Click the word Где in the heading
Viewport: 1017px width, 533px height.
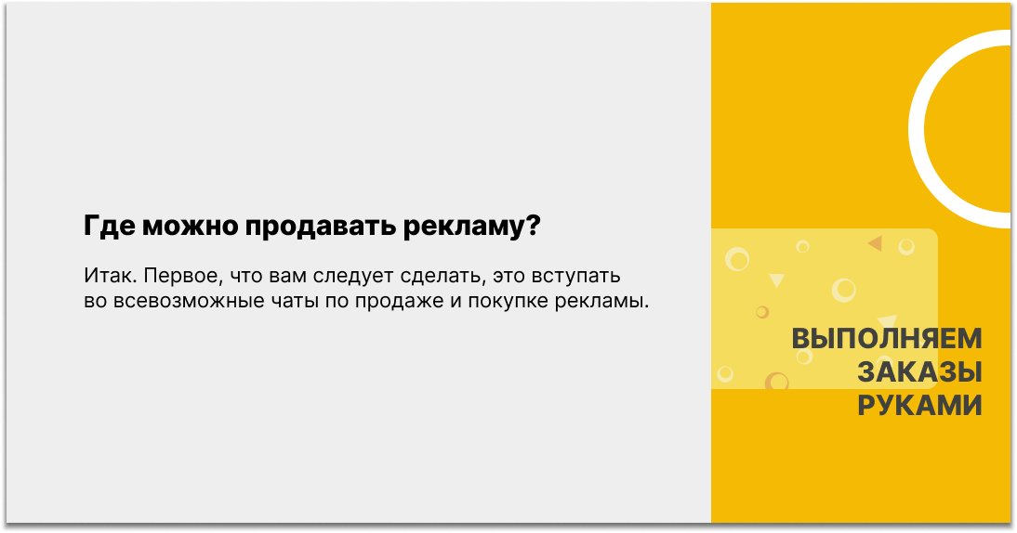pyautogui.click(x=109, y=227)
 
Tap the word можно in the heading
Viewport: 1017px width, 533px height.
pyautogui.click(x=191, y=227)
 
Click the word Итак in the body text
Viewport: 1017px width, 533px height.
pyautogui.click(x=111, y=276)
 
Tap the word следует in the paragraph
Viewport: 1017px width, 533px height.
pyautogui.click(x=353, y=276)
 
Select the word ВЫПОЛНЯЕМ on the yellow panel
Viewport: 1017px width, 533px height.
pyautogui.click(x=887, y=339)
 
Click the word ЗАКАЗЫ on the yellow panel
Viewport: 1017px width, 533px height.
pyautogui.click(x=919, y=372)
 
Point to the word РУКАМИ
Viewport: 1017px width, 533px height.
pyautogui.click(x=919, y=406)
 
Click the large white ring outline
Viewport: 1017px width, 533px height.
pyautogui.click(x=916, y=129)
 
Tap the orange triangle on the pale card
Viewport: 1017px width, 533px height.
pyautogui.click(x=875, y=243)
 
